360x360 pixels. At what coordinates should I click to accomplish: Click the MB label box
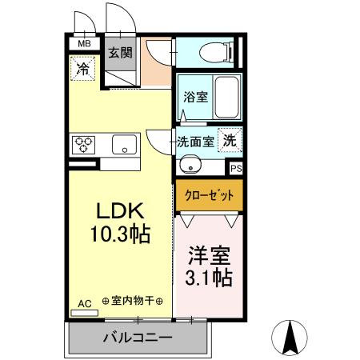point(83,44)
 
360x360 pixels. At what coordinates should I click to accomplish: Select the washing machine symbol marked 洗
point(230,138)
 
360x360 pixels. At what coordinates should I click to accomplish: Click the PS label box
point(235,169)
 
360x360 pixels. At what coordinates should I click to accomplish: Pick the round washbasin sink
point(189,166)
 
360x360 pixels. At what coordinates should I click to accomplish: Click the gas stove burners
point(83,145)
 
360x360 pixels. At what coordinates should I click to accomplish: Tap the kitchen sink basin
point(123,145)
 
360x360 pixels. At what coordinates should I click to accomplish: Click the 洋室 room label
point(210,257)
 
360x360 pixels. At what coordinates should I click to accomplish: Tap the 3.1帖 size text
point(210,279)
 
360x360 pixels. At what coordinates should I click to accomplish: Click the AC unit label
point(84,304)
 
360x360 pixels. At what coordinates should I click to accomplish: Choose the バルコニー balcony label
point(137,339)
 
